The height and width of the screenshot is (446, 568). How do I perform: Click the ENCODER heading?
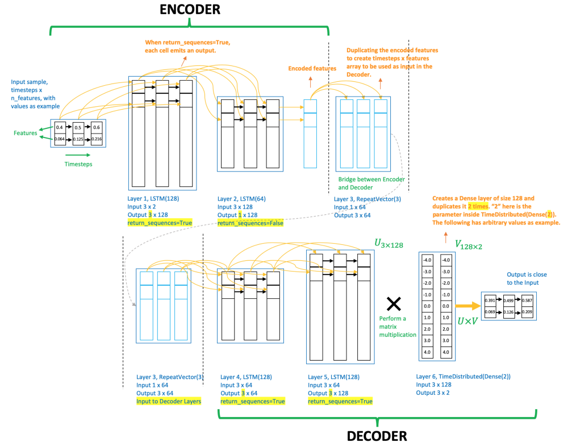(x=190, y=9)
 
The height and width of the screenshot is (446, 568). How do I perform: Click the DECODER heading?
(x=377, y=436)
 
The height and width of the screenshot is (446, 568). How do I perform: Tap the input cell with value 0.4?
(x=60, y=126)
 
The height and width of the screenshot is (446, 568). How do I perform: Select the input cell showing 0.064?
(x=60, y=139)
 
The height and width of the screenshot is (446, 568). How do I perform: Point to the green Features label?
(x=26, y=133)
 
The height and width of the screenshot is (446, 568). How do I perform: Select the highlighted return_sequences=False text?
(x=250, y=223)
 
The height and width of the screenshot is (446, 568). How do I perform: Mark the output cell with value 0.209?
(x=527, y=312)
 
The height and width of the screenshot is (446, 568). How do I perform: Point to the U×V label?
(x=466, y=321)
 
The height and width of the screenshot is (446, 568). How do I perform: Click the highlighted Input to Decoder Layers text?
(x=169, y=401)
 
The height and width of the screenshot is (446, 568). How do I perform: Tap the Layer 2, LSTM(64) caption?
(x=241, y=199)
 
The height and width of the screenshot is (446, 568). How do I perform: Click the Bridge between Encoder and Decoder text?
(x=371, y=183)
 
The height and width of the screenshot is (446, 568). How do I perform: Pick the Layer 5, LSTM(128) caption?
(x=333, y=377)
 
